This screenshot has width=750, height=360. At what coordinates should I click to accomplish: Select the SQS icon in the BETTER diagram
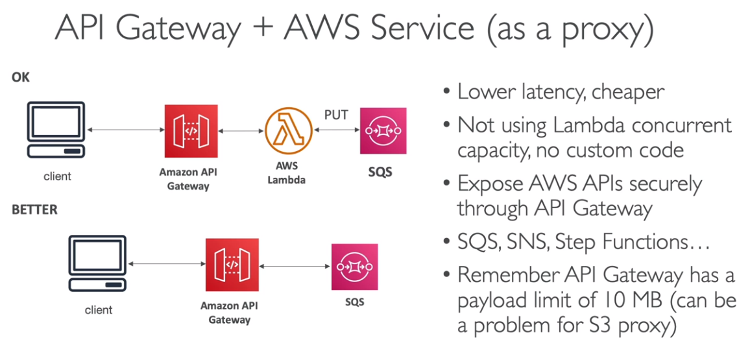click(354, 267)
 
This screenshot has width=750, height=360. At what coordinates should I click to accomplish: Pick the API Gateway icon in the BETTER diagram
click(232, 265)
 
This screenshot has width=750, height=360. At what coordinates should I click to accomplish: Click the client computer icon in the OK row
click(57, 130)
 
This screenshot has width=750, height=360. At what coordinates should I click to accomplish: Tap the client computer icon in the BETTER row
click(98, 265)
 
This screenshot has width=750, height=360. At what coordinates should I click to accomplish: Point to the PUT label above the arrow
click(336, 115)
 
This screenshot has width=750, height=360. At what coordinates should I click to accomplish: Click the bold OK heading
click(21, 77)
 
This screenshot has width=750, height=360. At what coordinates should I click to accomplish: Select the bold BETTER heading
click(34, 210)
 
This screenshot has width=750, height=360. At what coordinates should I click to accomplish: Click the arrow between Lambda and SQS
click(336, 131)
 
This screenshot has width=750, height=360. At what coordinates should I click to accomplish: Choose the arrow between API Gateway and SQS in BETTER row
click(295, 265)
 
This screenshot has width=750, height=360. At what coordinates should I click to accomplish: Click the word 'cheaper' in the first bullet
click(627, 91)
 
